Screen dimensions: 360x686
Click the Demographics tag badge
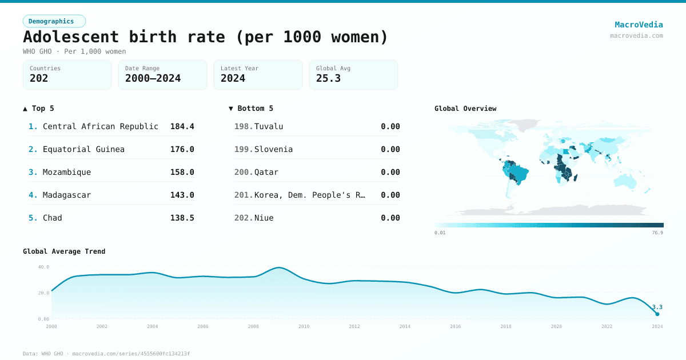point(54,21)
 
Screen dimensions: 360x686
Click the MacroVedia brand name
point(639,25)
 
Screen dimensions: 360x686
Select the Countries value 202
point(39,78)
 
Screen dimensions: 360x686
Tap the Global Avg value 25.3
point(328,78)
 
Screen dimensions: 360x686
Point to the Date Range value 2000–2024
point(153,78)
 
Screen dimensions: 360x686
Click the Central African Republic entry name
point(101,126)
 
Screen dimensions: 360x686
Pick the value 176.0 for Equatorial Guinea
point(182,149)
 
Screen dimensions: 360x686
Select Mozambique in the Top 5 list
point(67,172)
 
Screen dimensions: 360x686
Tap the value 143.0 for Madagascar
point(182,195)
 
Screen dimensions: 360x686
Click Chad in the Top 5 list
point(53,218)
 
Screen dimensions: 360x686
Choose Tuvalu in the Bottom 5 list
point(269,126)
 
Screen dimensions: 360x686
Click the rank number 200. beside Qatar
point(244,172)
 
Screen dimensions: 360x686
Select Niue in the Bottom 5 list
point(264,218)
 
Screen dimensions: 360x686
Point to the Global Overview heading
point(465,109)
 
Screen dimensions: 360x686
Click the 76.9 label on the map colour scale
point(657,233)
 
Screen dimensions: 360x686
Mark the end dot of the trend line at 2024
point(657,314)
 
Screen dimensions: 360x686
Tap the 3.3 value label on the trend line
point(657,307)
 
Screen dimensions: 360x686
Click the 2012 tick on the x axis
point(354,326)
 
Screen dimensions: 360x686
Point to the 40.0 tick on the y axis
point(43,267)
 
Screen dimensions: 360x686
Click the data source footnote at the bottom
point(106,354)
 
